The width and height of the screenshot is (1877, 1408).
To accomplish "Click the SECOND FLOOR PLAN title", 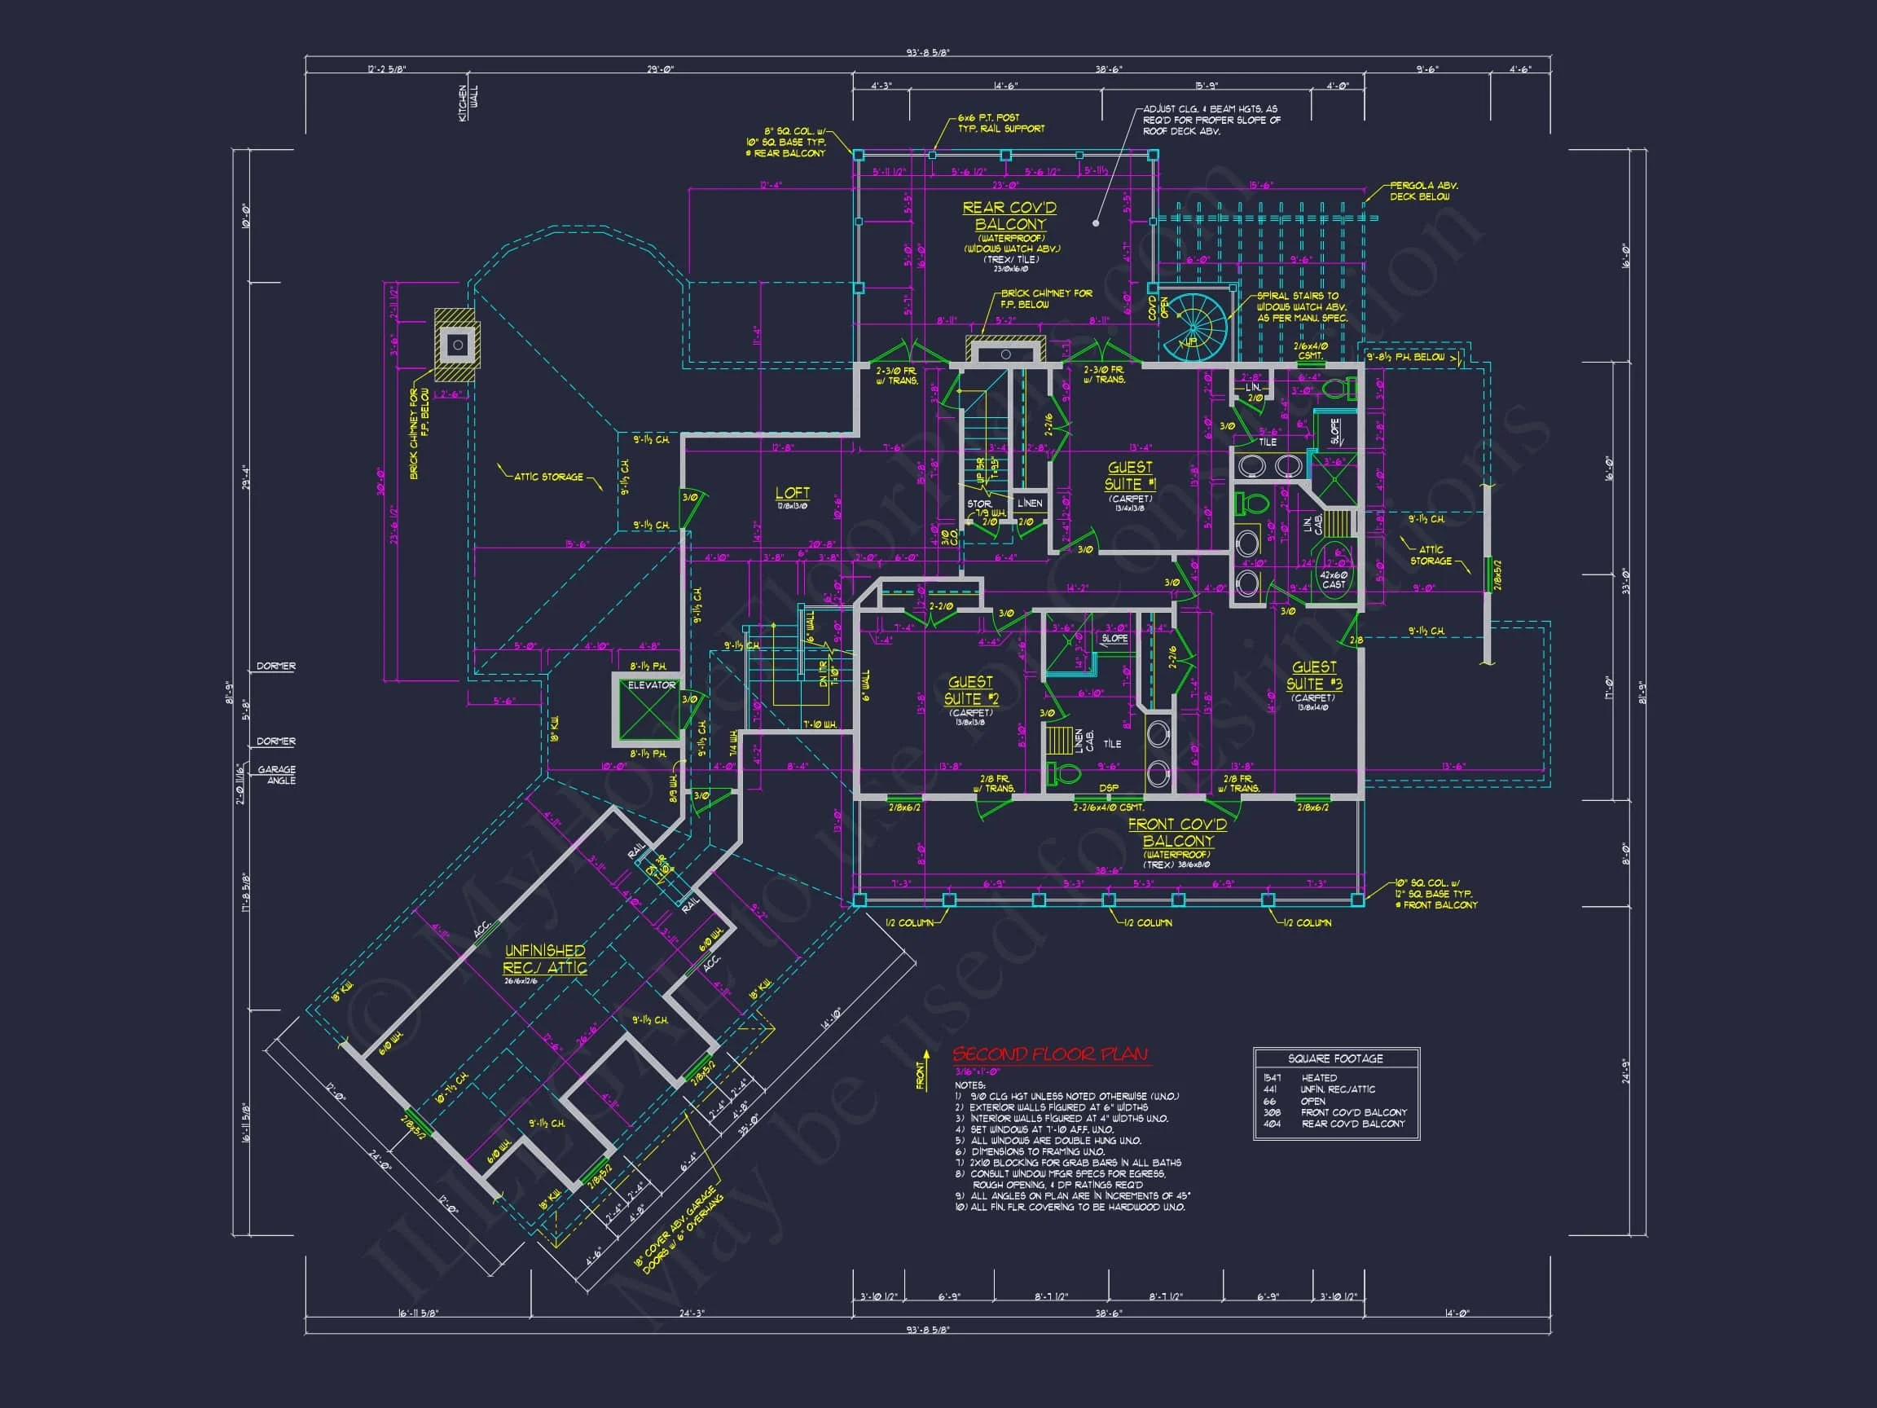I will (1049, 1055).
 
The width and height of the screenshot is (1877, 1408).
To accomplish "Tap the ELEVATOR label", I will (652, 685).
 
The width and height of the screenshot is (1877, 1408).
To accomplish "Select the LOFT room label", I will (793, 493).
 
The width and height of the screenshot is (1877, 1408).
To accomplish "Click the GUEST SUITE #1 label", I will (1129, 476).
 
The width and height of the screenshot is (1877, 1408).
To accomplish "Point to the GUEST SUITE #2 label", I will (971, 690).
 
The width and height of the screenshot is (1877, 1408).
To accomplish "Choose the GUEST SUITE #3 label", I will (1313, 675).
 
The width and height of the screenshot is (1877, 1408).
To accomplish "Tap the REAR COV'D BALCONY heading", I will (1009, 216).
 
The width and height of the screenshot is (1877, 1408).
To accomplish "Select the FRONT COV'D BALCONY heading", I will (1177, 833).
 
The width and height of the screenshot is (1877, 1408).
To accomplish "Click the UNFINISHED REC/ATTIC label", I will (545, 959).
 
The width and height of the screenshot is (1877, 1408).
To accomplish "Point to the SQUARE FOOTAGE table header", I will (1334, 1058).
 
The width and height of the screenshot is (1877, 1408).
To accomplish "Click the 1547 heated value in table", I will (1272, 1078).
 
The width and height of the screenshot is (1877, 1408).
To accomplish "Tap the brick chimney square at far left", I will (457, 345).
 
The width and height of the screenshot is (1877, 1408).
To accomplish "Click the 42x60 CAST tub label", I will (1333, 579).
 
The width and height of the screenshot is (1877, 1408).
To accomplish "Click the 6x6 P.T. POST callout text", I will (1000, 123).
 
